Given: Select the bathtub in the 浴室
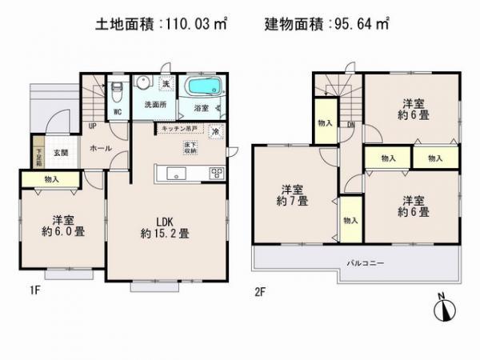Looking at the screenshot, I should (205, 87).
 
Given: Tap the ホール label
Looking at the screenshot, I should (101, 148).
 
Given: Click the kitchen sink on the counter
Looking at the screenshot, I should (174, 173).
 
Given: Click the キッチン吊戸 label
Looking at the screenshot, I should (179, 128).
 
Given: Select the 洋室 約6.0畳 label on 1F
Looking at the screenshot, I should (66, 226).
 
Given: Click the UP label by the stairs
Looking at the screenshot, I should (93, 126).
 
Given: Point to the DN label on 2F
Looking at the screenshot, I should (350, 124).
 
